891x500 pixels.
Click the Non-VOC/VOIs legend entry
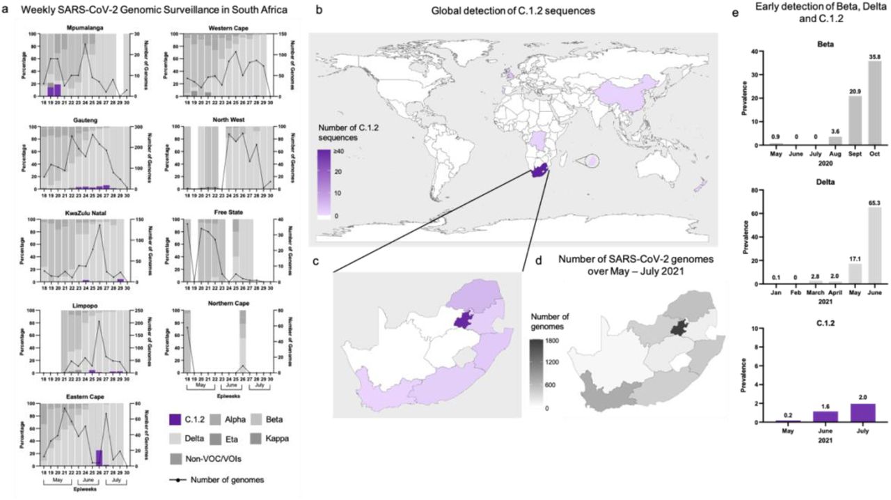(202, 460)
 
